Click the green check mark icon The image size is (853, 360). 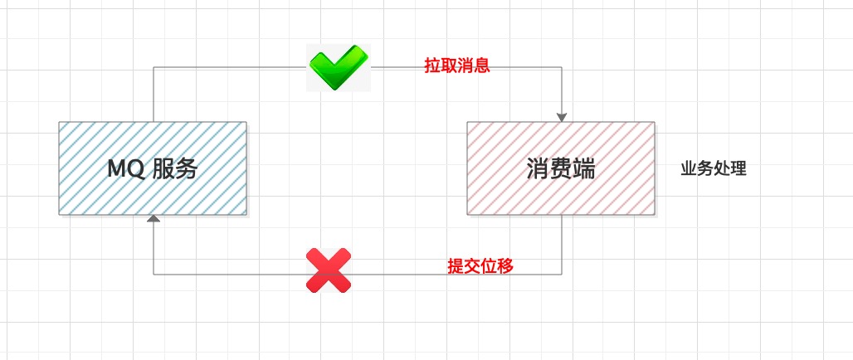[339, 67]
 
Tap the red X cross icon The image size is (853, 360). [329, 270]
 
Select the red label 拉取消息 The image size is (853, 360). [457, 66]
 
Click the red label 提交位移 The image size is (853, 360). [480, 266]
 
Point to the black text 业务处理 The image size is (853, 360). [714, 169]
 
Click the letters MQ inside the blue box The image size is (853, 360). [125, 170]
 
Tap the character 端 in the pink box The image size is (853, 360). [583, 170]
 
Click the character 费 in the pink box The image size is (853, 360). [561, 170]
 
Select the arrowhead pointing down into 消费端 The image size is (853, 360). [562, 118]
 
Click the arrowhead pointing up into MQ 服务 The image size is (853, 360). [154, 219]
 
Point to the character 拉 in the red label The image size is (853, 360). [432, 66]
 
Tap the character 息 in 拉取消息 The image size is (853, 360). [482, 66]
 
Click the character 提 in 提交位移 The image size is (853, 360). [456, 266]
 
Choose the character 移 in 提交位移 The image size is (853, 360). [505, 266]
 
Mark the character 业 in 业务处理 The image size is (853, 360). [689, 169]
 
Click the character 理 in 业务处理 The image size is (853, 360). [738, 169]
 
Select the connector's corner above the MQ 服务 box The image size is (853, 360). [154, 67]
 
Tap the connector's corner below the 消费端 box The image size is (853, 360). [562, 275]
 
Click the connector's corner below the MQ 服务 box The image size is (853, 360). [154, 275]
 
